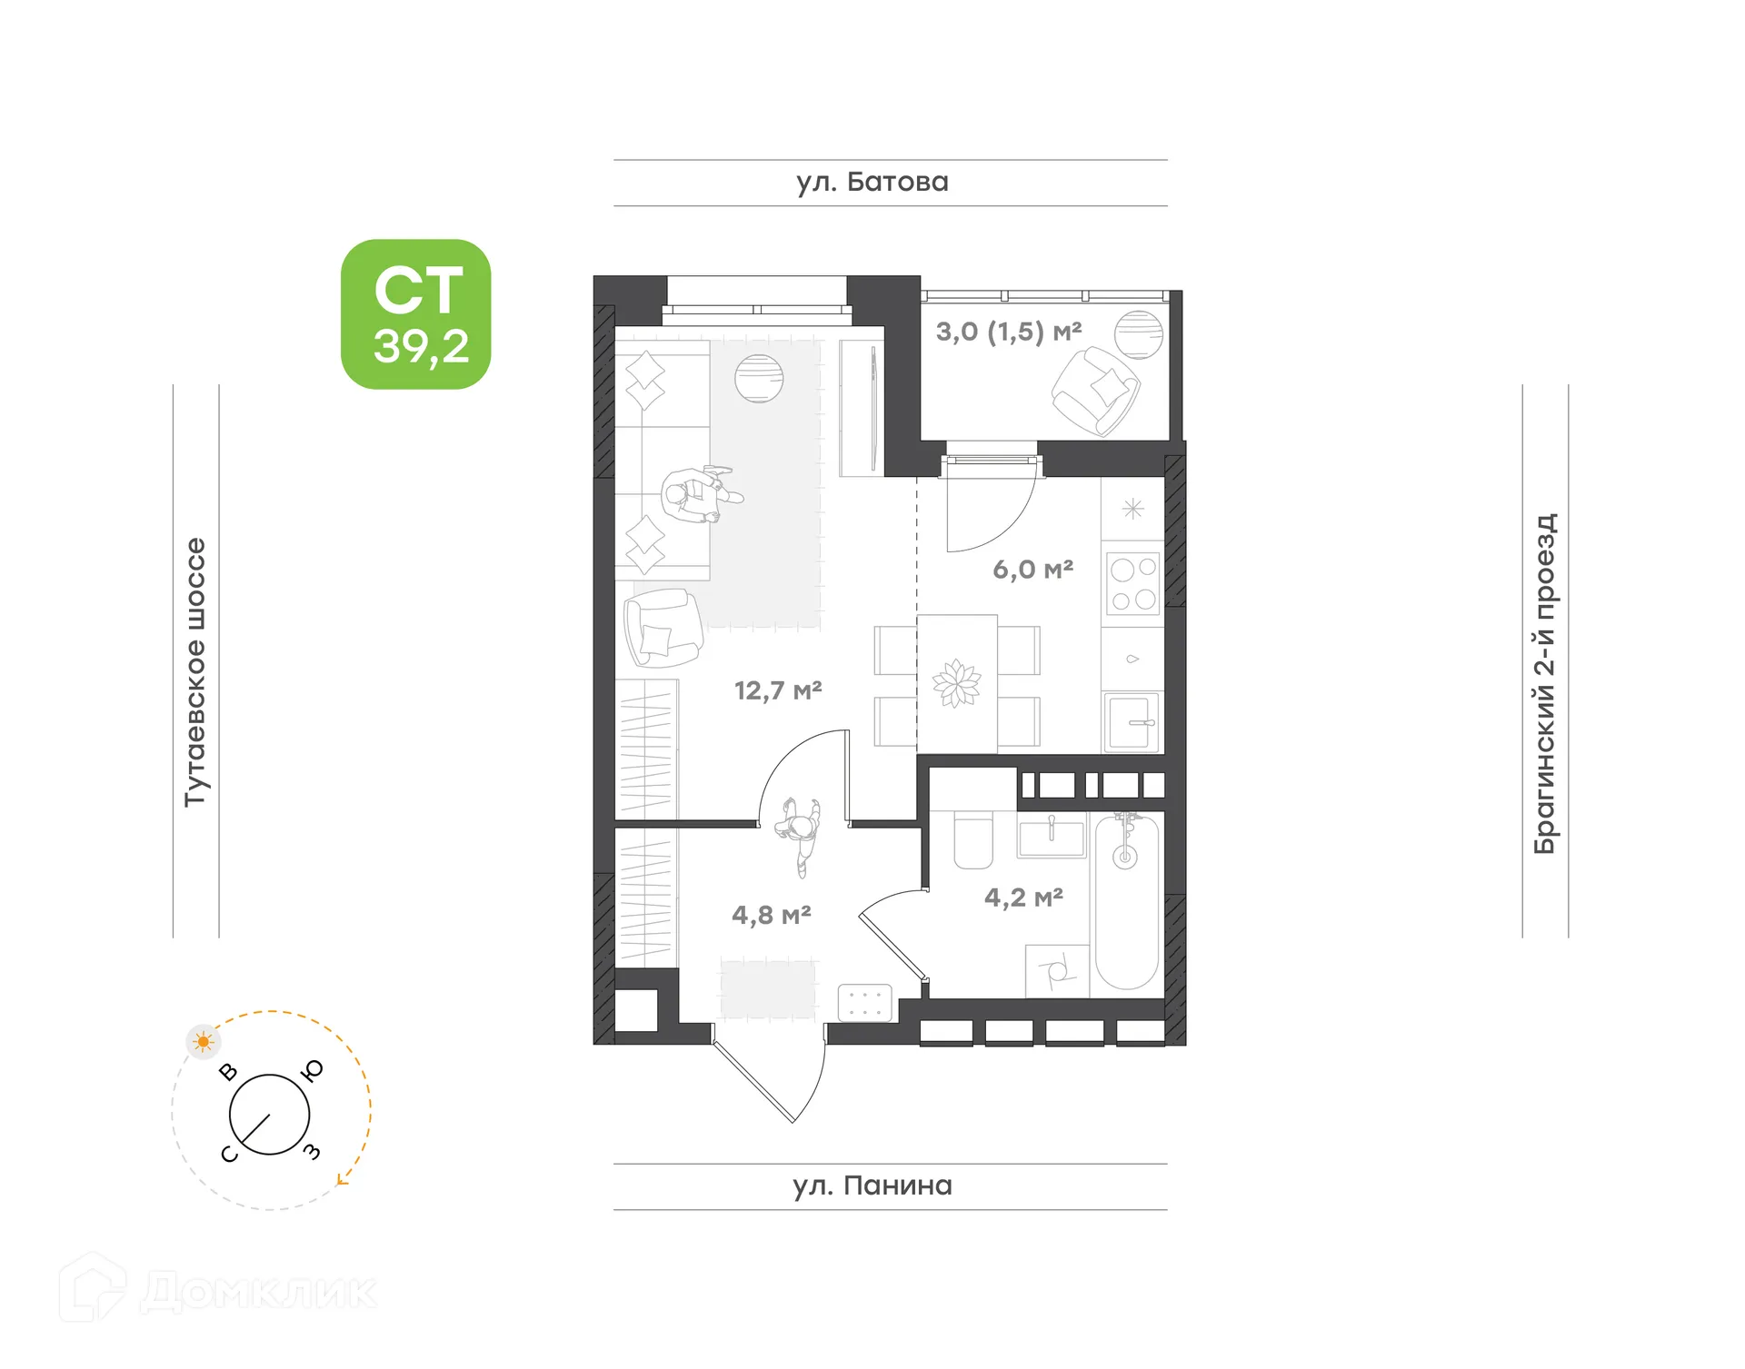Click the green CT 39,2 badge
tap(415, 314)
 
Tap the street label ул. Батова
tap(872, 183)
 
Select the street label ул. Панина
tap(872, 1185)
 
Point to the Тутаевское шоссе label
tap(195, 671)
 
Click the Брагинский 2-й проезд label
tap(1545, 683)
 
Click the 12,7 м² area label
tap(777, 690)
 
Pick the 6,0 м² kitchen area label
tap(1032, 570)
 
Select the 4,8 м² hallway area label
tap(771, 914)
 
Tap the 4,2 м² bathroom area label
tap(1023, 898)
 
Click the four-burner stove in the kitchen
tap(1133, 584)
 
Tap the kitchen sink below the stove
tap(1132, 721)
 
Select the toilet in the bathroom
tap(973, 841)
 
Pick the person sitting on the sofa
tap(698, 495)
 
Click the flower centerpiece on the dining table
tap(956, 683)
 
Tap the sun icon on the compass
tap(203, 1041)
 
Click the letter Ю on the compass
tap(313, 1071)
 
